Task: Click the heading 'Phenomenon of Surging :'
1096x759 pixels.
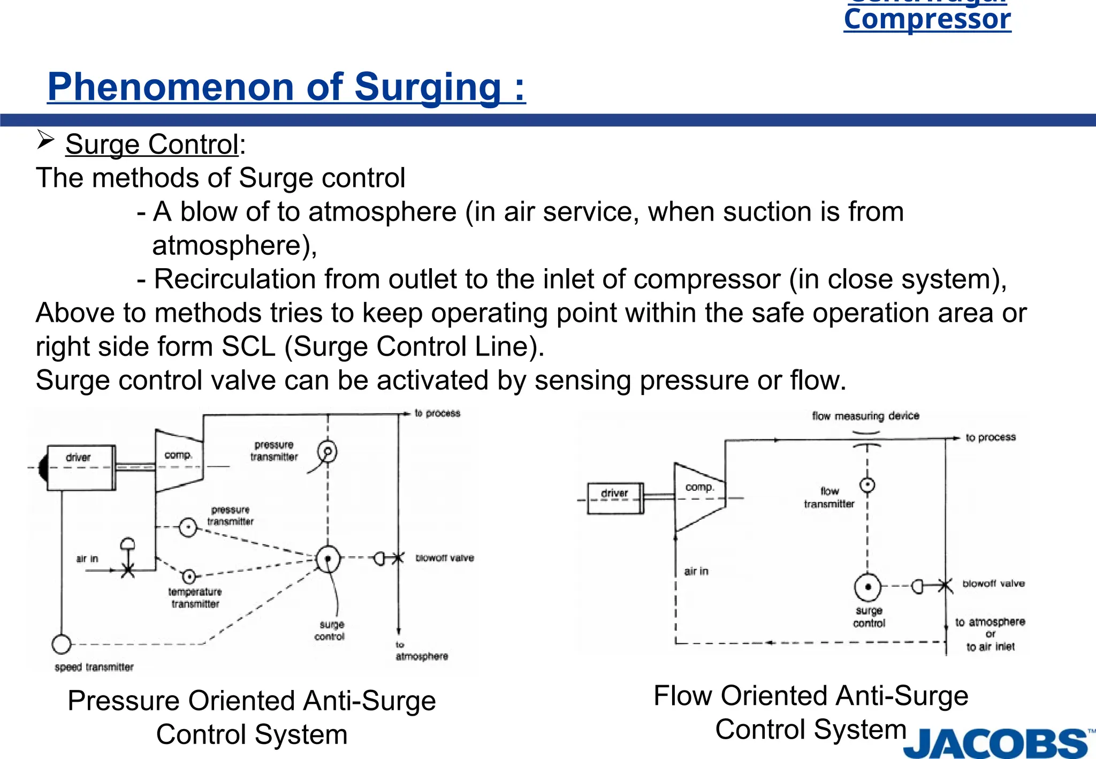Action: [286, 87]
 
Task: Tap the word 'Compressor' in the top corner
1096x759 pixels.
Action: [927, 19]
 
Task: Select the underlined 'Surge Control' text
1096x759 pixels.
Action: [152, 145]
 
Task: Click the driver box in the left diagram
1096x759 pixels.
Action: [81, 467]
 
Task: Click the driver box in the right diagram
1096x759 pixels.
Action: [614, 498]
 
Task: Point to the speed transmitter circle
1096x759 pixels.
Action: [62, 643]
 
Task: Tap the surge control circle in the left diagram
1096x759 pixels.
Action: [328, 559]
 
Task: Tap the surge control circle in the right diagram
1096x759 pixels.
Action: [867, 587]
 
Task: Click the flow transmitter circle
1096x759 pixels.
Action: [867, 485]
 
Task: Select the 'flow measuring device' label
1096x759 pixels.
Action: [865, 416]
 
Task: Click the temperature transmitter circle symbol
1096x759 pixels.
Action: [188, 576]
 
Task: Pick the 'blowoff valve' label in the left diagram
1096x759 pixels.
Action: [444, 558]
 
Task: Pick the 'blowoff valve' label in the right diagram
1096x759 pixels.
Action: [993, 583]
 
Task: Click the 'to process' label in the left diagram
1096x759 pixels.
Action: [437, 413]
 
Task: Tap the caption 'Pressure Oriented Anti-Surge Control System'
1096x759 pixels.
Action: [252, 717]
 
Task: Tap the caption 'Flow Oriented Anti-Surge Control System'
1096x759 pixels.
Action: [811, 712]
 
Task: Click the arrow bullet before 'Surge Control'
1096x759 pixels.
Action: [45, 141]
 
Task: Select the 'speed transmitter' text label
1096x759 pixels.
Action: [94, 667]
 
